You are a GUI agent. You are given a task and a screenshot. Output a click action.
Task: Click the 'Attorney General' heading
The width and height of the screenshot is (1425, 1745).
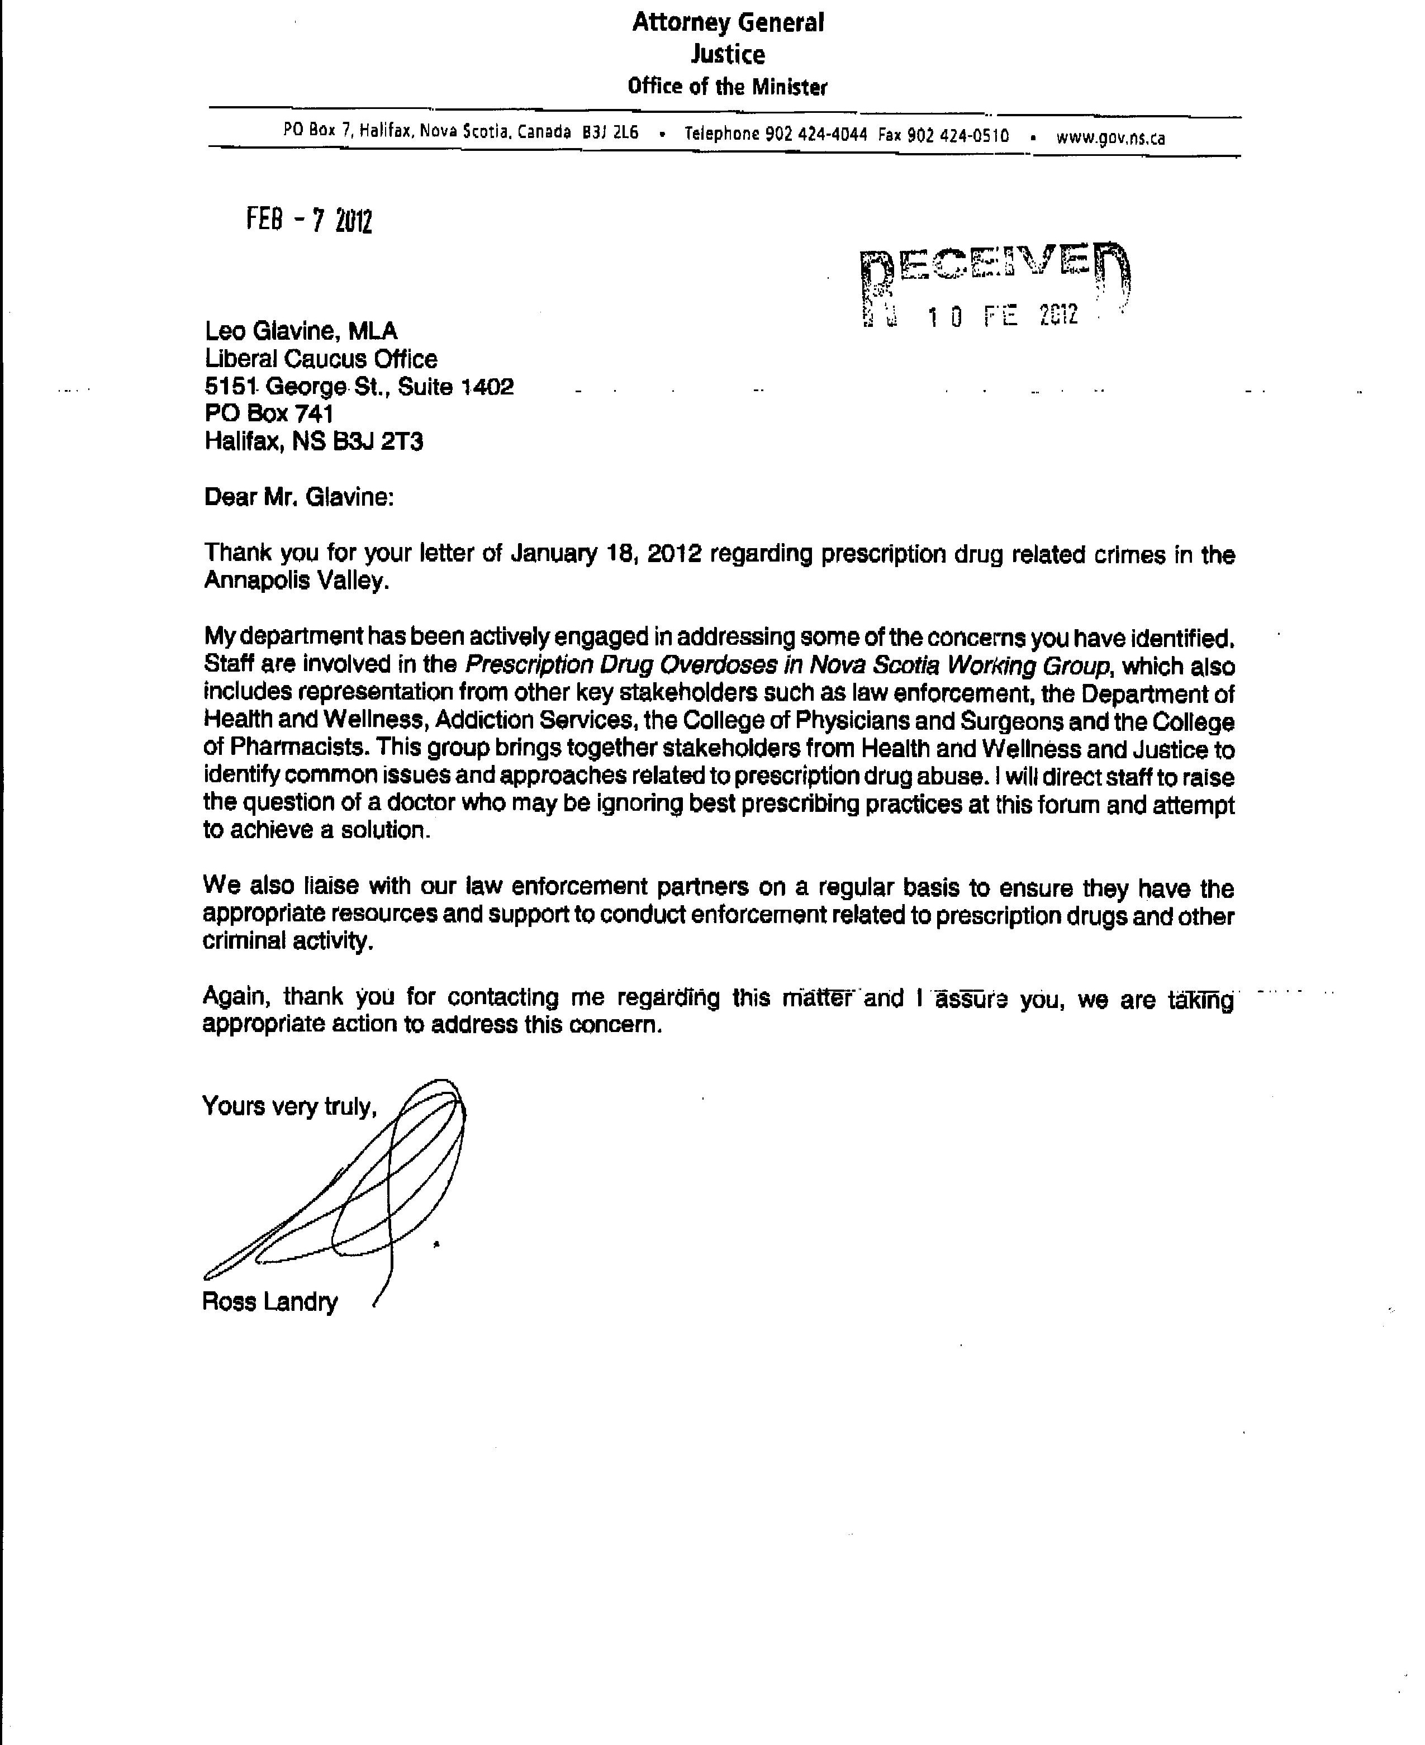point(727,22)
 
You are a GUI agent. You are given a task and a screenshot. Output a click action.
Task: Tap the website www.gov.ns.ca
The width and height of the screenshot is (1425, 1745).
point(1110,137)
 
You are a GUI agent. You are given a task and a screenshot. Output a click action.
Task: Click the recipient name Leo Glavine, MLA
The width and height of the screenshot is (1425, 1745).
point(301,331)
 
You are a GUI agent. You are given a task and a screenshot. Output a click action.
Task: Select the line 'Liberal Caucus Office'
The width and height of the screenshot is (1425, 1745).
point(320,359)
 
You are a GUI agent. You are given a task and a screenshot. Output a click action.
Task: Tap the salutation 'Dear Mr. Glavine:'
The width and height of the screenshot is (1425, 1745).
point(299,497)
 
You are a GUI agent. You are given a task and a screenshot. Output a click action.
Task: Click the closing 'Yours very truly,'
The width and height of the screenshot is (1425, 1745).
point(289,1106)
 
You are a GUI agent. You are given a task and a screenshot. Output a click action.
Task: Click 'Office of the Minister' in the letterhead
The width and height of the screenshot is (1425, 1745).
point(727,86)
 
